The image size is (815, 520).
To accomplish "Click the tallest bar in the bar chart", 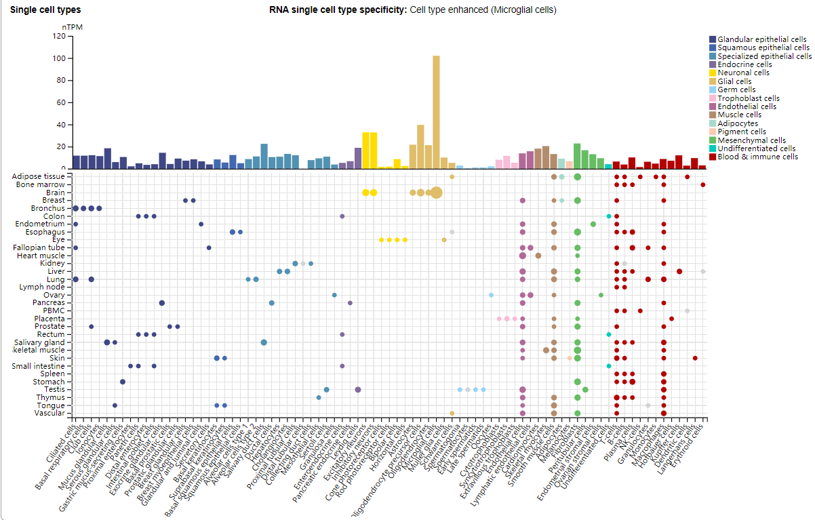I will [436, 112].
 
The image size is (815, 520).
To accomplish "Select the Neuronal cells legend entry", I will [743, 73].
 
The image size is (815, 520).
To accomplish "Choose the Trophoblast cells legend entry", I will [748, 98].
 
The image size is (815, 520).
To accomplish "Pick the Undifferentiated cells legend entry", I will [756, 148].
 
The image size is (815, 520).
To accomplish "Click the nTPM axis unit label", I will [72, 27].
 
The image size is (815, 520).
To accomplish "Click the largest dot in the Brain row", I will [436, 193].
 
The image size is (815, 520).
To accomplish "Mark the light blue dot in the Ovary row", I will [491, 295].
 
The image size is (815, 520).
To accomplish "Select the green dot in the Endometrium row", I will [593, 224].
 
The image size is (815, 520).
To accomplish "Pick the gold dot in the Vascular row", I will [452, 413].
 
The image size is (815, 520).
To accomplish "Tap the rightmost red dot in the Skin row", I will [695, 358].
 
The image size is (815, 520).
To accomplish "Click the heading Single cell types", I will [45, 10].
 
